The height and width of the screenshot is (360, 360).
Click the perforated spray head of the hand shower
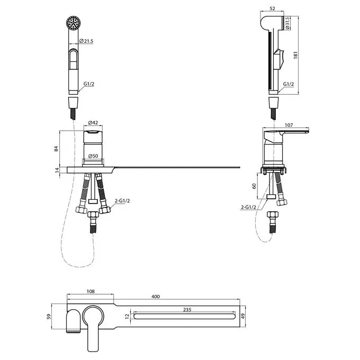(x=74, y=23)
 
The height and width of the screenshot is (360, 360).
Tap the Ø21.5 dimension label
(x=86, y=41)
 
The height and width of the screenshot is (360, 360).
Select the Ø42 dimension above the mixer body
(x=93, y=123)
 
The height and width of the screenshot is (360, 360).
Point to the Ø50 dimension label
(x=93, y=156)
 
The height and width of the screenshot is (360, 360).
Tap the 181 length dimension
(x=295, y=55)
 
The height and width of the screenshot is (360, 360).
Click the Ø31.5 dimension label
(x=287, y=23)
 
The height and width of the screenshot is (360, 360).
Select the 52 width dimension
(x=272, y=8)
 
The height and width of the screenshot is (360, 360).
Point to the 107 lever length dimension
(x=289, y=125)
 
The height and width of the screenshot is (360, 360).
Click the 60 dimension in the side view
(x=254, y=186)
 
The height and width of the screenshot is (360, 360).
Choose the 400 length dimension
(x=156, y=296)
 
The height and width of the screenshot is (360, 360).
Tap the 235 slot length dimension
(x=187, y=310)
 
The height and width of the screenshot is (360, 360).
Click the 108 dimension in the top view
(x=91, y=291)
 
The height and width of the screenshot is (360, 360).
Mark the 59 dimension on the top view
(x=49, y=317)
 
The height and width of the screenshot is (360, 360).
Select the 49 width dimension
(x=244, y=316)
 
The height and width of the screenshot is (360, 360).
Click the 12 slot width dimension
(x=128, y=317)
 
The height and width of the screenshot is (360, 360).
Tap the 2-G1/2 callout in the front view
(x=122, y=201)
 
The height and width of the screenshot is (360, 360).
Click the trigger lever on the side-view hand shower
(x=279, y=59)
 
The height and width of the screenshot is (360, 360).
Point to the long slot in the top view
(x=184, y=317)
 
